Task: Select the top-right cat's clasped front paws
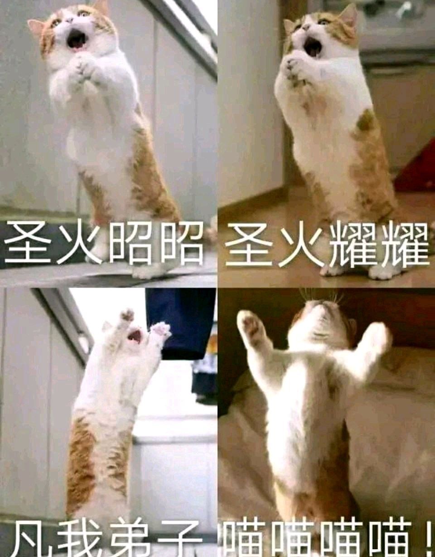(295, 67)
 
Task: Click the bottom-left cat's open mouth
(135, 336)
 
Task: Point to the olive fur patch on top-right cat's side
(364, 121)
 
